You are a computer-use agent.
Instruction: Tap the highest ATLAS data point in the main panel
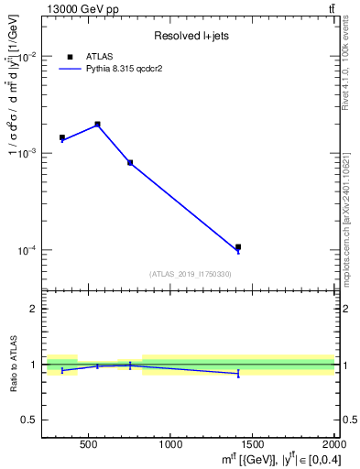click(x=98, y=124)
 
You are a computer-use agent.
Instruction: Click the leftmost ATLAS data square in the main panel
click(x=62, y=137)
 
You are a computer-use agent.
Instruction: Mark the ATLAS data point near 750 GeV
click(x=130, y=162)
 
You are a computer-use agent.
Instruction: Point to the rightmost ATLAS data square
click(x=238, y=246)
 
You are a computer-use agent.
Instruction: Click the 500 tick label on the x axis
click(x=89, y=444)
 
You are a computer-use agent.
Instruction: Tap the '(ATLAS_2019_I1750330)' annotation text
click(x=191, y=274)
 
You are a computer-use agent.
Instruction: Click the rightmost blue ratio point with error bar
click(x=238, y=373)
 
